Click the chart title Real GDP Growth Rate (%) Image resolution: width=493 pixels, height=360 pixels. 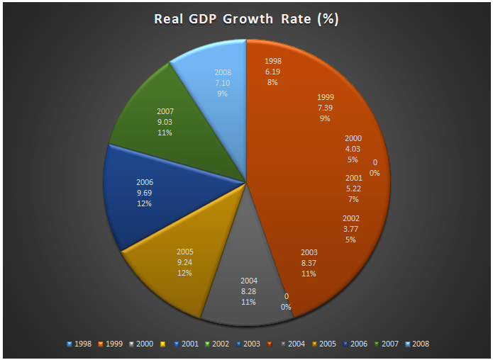click(x=246, y=18)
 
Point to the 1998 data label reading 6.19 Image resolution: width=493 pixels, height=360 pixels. click(x=272, y=72)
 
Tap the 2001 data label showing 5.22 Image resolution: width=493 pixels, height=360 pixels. click(x=354, y=188)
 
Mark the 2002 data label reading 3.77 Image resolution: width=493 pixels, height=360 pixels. click(x=350, y=228)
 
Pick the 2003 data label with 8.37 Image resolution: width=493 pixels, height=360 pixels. click(x=309, y=262)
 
